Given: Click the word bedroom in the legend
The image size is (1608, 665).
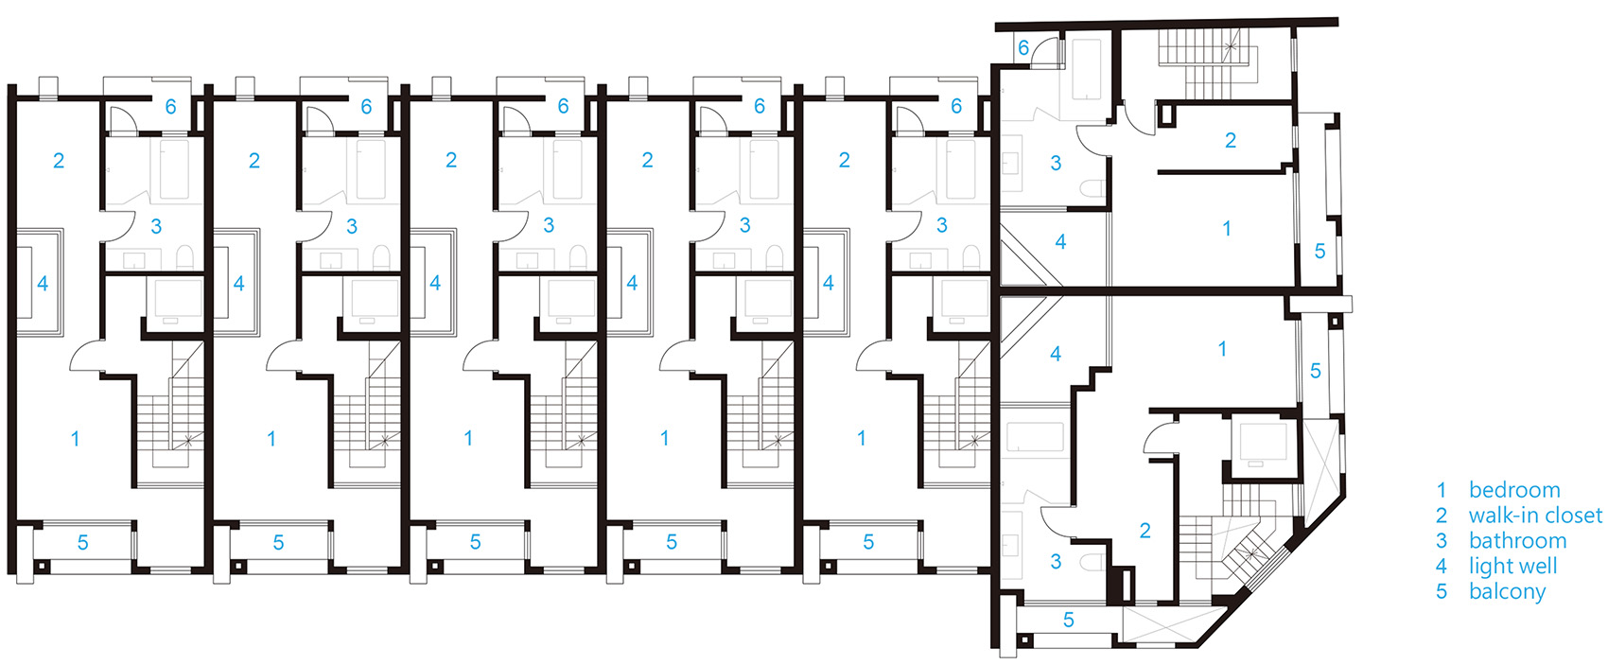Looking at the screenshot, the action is point(1514,491).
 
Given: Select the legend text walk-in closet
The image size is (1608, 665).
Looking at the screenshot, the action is point(1535,516).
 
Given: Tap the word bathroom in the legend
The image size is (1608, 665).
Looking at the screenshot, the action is point(1517,541).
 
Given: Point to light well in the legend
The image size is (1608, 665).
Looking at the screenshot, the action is point(1512,567).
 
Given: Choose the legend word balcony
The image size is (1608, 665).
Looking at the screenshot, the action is point(1507,592).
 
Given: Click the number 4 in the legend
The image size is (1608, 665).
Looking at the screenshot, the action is point(1441,567).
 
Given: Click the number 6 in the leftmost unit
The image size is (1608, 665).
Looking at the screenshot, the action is point(170,107).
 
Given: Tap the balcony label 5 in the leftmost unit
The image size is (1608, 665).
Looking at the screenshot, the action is point(82,543).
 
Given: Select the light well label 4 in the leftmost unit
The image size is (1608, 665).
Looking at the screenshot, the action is point(43,284).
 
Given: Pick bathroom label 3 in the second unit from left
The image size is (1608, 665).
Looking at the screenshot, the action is point(352,227).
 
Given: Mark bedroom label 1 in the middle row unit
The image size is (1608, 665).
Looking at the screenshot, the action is point(468,438).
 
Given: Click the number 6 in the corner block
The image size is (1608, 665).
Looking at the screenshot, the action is point(1023,48).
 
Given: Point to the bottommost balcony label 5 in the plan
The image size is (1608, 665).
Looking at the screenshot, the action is point(1068,620).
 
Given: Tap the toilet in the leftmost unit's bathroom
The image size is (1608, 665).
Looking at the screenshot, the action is point(185,257).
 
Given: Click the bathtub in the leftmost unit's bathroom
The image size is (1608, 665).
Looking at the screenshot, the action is point(174,169).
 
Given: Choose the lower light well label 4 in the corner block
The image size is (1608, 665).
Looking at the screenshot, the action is point(1056,354).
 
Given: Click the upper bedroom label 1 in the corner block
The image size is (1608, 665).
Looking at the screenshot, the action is point(1227,229).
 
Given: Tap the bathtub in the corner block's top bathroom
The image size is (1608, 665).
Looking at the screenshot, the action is point(1086,69).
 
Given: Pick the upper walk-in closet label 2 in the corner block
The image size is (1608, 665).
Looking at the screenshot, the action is point(1231,141).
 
